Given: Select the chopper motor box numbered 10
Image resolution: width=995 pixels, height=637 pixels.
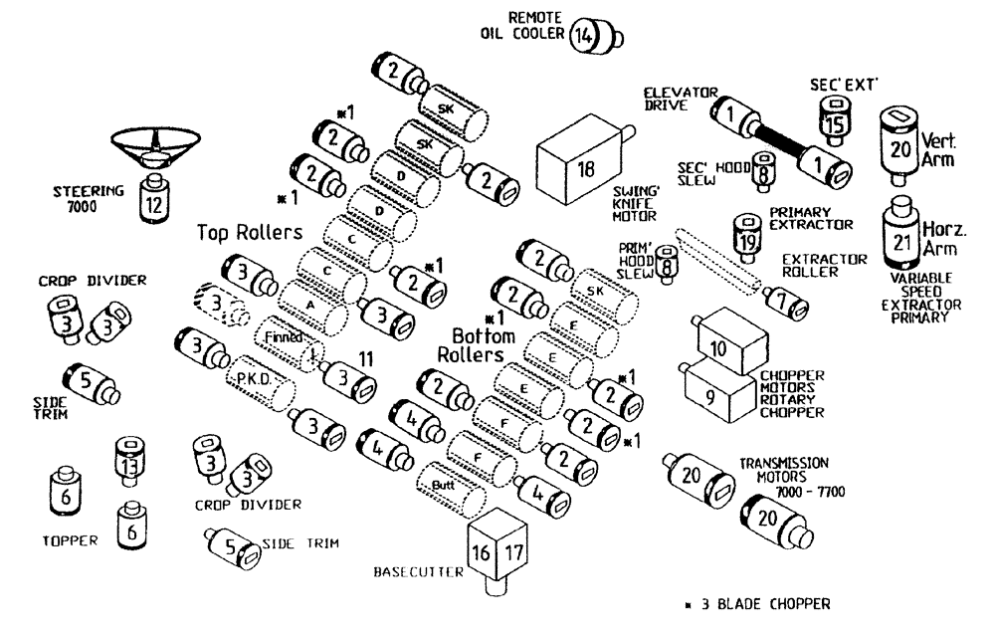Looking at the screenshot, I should point(720,342).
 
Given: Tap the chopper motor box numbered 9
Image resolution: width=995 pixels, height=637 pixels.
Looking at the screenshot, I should point(716,392).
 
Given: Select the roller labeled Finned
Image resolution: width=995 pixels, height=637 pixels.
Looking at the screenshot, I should point(286,337).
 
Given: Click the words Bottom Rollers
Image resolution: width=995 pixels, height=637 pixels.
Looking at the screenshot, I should point(484,344).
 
